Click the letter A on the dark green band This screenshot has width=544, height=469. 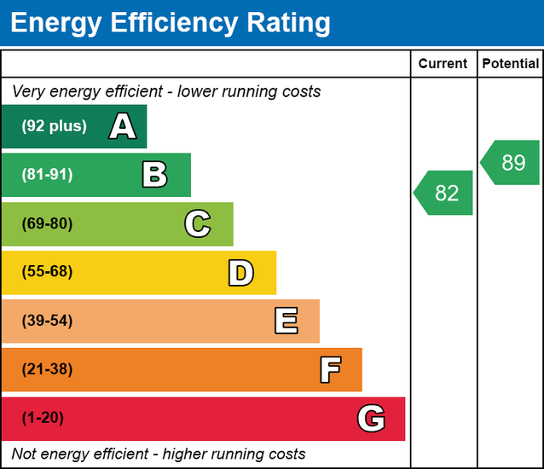click(x=123, y=127)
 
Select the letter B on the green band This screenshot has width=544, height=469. click(x=154, y=176)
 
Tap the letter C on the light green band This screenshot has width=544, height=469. click(x=197, y=224)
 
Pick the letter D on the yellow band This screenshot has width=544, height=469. click(x=240, y=273)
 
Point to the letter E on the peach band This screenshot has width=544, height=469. click(x=286, y=321)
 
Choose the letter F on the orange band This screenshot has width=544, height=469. click(x=330, y=370)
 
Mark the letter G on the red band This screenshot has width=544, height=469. click(x=371, y=419)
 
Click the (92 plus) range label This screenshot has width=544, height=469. click(x=54, y=126)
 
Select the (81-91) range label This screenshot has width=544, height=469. click(x=47, y=175)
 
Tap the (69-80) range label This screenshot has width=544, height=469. click(x=47, y=223)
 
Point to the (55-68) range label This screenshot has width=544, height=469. click(x=47, y=272)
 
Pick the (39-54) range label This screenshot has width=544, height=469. click(x=47, y=321)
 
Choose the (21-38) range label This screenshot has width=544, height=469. click(x=47, y=369)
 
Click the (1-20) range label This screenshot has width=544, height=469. click(x=43, y=418)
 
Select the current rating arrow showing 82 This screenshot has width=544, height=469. click(x=444, y=193)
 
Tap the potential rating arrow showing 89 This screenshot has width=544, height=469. click(x=511, y=162)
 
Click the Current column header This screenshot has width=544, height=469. click(x=443, y=63)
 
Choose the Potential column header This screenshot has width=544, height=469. click(x=510, y=63)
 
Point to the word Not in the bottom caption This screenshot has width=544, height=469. click(x=25, y=454)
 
